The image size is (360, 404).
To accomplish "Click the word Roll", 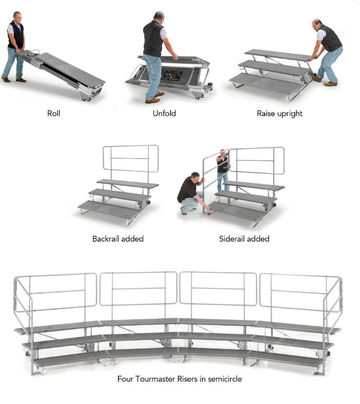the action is tap(54, 113).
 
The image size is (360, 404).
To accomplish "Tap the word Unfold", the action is tap(164, 113).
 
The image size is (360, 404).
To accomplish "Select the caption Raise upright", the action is tap(280, 114).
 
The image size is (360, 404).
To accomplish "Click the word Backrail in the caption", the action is tap(106, 239).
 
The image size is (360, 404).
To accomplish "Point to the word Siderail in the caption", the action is tap(232, 239).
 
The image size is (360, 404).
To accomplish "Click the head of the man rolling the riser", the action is tap(17, 17).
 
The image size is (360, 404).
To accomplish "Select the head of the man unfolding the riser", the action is tap(159, 17).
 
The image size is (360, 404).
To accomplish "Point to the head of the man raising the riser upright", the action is tap(317, 25).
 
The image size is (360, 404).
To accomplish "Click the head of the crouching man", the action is tap(195, 178).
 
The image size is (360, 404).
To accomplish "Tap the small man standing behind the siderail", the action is tap(223, 170).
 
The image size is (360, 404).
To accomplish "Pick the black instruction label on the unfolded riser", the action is tap(172, 75).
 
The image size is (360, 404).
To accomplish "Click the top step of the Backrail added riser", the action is tap(128, 184).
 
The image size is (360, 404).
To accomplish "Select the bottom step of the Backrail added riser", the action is tap(110, 209).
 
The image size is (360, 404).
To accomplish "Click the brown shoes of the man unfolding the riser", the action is tap(155, 98).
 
